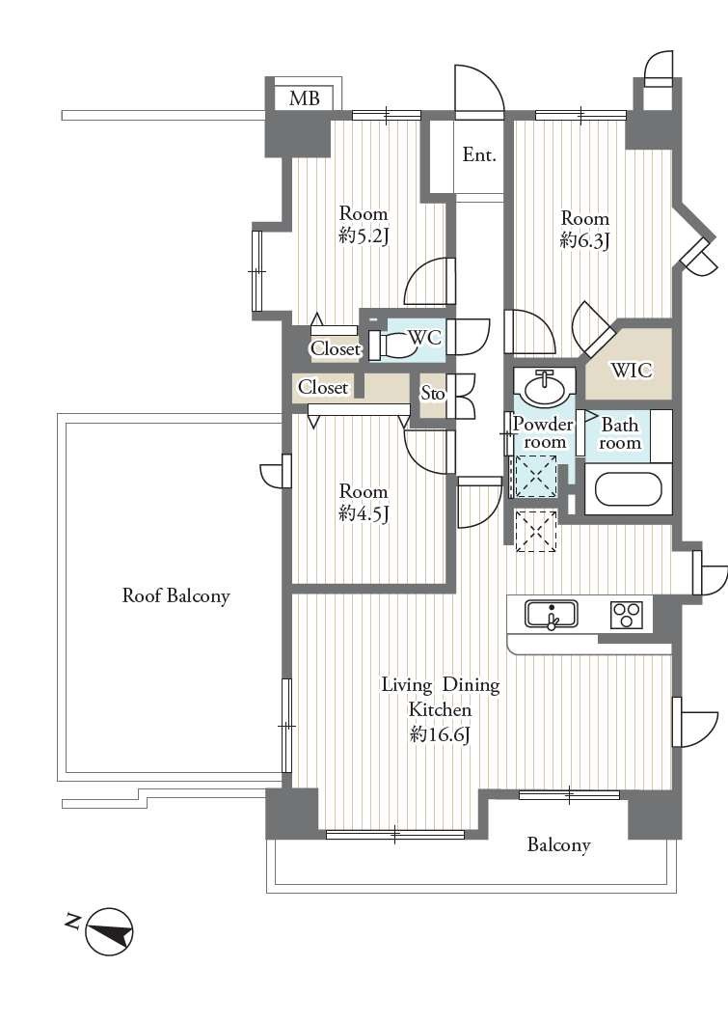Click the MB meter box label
[304, 98]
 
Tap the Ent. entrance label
[479, 155]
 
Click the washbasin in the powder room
[544, 387]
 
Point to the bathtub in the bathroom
[629, 489]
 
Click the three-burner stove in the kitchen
[627, 615]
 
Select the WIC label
[631, 371]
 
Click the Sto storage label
[432, 393]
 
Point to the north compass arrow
[108, 932]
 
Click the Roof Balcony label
[175, 595]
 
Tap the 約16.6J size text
[441, 734]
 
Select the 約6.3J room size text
[584, 240]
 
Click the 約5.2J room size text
[364, 235]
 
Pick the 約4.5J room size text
[364, 513]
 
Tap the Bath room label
[620, 434]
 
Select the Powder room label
[543, 432]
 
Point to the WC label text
[424, 338]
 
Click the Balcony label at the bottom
[558, 845]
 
